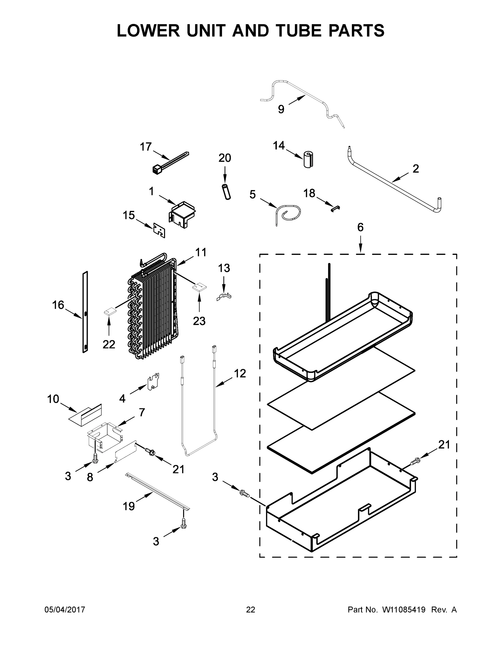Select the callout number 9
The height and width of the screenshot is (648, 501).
281,109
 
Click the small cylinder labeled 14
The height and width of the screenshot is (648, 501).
308,160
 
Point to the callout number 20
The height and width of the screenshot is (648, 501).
225,158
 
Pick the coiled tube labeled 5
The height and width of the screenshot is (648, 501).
288,213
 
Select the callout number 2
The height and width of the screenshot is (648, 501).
416,169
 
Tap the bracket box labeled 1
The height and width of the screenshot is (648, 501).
182,214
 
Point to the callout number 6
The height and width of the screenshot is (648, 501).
360,227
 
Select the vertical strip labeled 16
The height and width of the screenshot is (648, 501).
85,312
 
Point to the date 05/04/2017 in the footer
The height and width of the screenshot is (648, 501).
65,609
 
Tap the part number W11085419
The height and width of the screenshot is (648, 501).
404,609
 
